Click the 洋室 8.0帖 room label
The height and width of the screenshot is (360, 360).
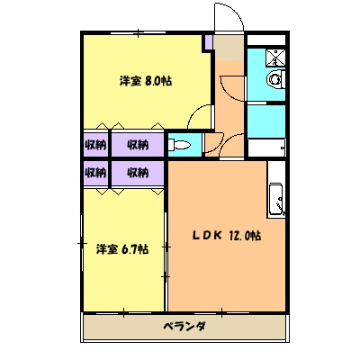pyautogui.click(x=146, y=81)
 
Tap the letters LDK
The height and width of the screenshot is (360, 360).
pyautogui.click(x=208, y=236)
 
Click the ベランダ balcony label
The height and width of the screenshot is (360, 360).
pyautogui.click(x=184, y=326)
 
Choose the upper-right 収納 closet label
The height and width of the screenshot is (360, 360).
pyautogui.click(x=137, y=144)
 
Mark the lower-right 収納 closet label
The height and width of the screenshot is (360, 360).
pyautogui.click(x=137, y=172)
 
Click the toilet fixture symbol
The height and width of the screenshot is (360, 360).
pyautogui.click(x=179, y=145)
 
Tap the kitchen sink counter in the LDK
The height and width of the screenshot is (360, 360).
pyautogui.click(x=276, y=199)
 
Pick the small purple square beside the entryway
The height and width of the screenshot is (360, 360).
pyautogui.click(x=209, y=41)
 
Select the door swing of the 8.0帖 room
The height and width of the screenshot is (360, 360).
pyautogui.click(x=202, y=112)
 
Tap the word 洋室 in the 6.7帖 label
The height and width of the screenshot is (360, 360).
pyautogui.click(x=106, y=248)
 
